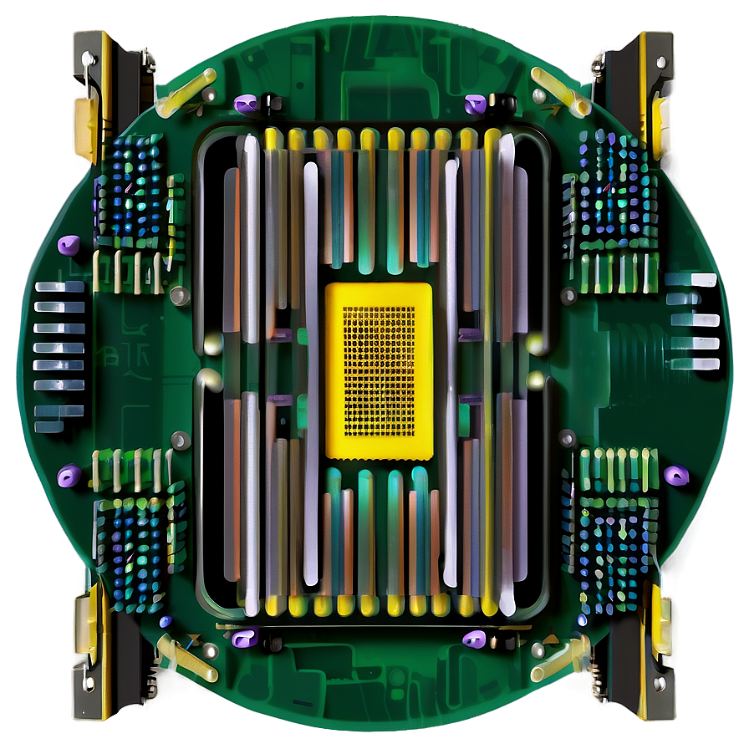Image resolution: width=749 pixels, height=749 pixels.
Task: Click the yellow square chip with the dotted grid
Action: [x=379, y=369]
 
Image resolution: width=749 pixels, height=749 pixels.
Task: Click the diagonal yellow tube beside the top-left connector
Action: [x=186, y=91]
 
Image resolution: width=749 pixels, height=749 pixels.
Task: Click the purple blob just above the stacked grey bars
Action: [x=68, y=246]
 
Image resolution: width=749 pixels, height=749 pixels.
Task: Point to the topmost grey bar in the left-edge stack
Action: [x=59, y=287]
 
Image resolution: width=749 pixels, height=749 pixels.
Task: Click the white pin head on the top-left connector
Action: [x=86, y=58]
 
